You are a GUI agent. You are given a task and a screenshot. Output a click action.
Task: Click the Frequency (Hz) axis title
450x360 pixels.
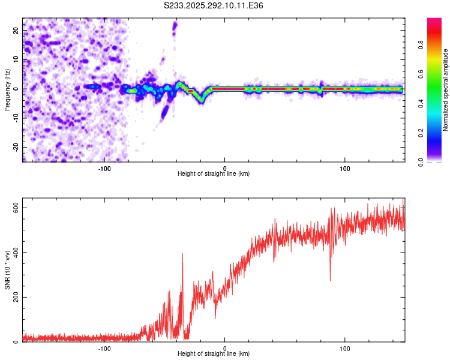click(7, 89)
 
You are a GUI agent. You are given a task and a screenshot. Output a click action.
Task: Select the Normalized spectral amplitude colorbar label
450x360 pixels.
click(445, 90)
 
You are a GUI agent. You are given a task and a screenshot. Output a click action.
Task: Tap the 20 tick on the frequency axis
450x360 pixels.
click(16, 30)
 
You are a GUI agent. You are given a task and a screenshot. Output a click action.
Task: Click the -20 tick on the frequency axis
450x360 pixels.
click(14, 148)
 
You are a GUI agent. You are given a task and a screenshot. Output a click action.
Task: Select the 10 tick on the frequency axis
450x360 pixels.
click(16, 59)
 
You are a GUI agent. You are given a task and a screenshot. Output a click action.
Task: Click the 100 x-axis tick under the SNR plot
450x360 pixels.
click(345, 347)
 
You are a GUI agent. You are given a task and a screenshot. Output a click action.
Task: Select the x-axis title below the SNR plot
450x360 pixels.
click(214, 355)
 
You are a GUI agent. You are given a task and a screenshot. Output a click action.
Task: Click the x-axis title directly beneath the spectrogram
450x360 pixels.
click(214, 174)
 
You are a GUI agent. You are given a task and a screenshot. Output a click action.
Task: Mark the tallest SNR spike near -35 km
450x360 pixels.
click(182, 254)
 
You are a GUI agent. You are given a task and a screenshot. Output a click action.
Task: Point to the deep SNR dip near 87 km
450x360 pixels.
click(329, 280)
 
